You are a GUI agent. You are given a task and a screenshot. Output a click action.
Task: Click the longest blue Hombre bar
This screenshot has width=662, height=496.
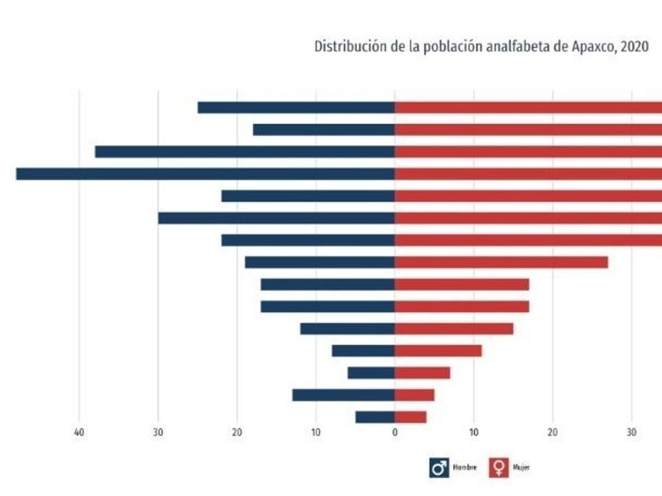coord(205,174)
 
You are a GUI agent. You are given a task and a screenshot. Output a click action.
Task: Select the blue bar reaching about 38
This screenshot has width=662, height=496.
coord(244,152)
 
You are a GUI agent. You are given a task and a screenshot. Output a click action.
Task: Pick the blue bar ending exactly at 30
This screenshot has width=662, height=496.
coord(276,218)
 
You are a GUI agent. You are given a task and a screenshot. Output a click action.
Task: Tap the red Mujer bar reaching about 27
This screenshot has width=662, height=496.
coord(501,262)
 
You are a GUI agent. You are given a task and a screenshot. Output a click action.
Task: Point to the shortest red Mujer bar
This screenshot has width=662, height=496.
coord(411,417)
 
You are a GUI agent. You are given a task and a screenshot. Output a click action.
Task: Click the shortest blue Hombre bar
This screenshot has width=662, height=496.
coord(375,417)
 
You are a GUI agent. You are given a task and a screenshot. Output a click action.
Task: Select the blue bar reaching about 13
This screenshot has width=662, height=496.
coord(344,395)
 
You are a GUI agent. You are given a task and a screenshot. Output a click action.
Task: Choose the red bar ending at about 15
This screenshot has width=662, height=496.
coord(454,328)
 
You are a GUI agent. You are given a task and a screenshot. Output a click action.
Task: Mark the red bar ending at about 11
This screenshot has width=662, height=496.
coord(438,350)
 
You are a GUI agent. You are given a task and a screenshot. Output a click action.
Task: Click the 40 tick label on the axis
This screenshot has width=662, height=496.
coord(79,432)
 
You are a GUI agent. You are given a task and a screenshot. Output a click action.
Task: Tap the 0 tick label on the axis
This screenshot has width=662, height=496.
coord(395,432)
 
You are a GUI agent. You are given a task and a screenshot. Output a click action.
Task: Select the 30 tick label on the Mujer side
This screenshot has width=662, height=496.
coord(631,432)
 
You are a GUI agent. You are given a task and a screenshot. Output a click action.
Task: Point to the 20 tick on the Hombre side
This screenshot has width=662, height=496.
coord(236,432)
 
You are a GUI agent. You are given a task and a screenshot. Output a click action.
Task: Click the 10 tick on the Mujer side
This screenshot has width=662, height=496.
coord(474,432)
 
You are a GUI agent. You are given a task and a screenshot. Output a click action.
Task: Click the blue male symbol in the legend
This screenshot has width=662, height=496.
coord(438,468)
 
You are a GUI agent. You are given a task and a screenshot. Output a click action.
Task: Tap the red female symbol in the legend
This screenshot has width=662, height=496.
coord(499,468)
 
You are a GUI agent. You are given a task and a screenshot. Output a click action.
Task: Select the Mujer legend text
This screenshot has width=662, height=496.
coord(521,468)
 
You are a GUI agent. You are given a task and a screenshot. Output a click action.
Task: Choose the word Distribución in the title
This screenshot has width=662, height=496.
coord(344,46)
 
